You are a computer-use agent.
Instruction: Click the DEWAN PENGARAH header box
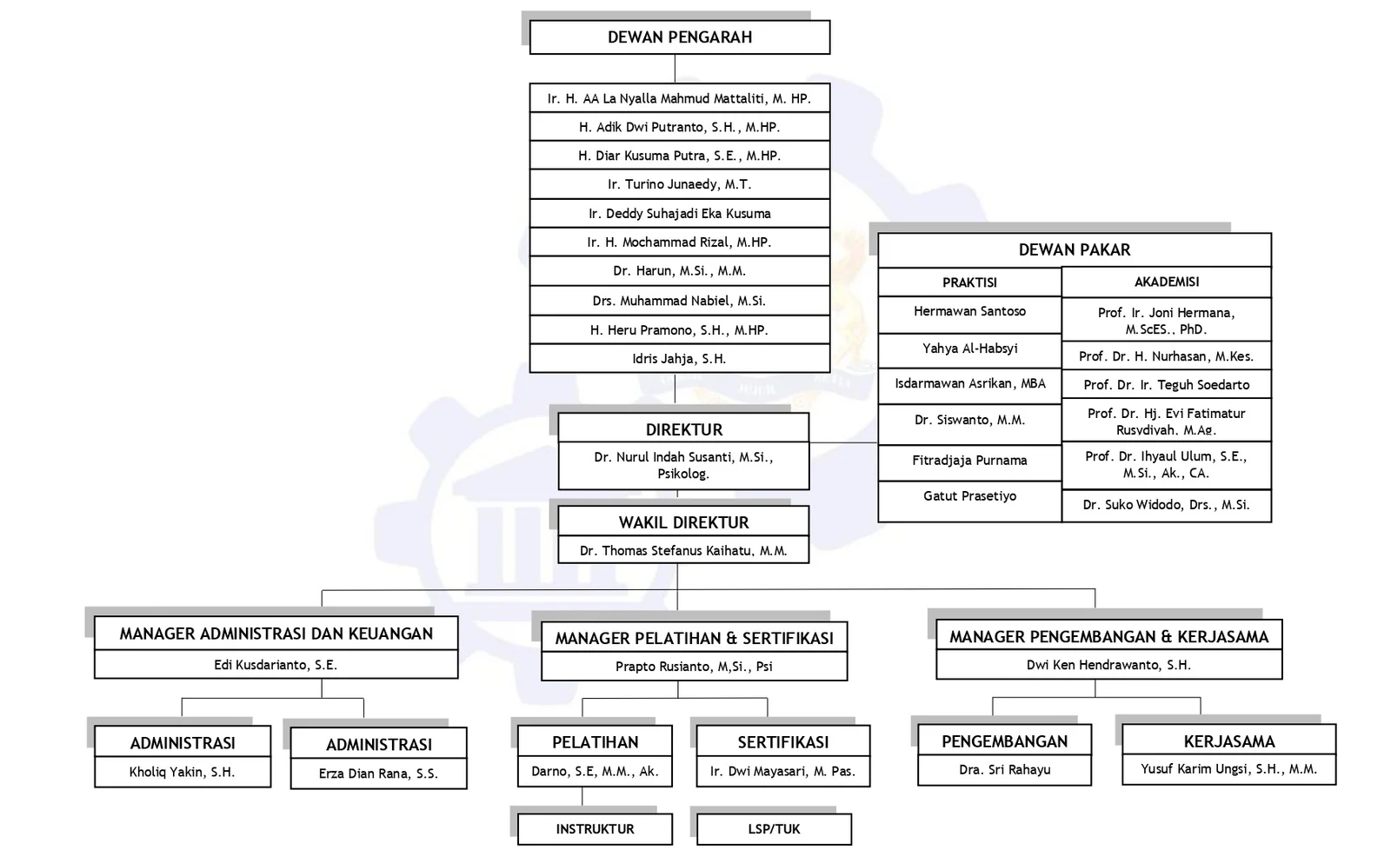[x=679, y=37]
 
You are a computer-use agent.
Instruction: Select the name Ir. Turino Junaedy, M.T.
[x=679, y=184]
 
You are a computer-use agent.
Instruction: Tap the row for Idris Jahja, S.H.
[x=679, y=358]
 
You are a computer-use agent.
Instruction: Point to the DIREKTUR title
[x=683, y=429]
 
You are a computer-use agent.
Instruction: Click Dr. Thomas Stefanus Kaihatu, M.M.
[x=683, y=550]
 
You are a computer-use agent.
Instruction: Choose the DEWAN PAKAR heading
[x=1074, y=250]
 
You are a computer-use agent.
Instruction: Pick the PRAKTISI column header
[x=969, y=282]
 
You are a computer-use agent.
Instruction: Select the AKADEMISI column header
[x=1166, y=282]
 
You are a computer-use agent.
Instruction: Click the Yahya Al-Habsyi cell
[x=969, y=349]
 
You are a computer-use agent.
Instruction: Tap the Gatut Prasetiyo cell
[x=969, y=496]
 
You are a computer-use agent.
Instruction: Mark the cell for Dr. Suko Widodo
[x=1166, y=505]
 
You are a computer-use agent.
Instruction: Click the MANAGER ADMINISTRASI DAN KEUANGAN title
[x=276, y=634]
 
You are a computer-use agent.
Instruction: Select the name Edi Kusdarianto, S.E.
[x=276, y=665]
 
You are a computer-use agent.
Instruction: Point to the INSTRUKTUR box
[x=595, y=829]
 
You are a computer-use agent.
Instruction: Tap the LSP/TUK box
[x=774, y=829]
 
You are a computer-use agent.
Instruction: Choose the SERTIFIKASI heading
[x=782, y=742]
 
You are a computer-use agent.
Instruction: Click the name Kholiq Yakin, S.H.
[x=182, y=772]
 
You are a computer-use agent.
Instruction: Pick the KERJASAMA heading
[x=1228, y=741]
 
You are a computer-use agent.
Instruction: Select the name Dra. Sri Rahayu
[x=1004, y=770]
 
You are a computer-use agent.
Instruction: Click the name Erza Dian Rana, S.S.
[x=378, y=773]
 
